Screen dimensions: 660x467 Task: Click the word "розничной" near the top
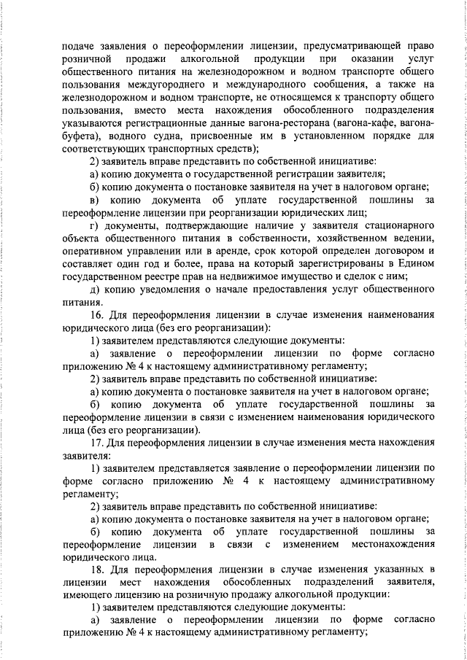pyautogui.click(x=86, y=58)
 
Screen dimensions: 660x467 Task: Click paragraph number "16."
pyautogui.click(x=98, y=315)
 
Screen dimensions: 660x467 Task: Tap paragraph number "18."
pyautogui.click(x=98, y=569)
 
